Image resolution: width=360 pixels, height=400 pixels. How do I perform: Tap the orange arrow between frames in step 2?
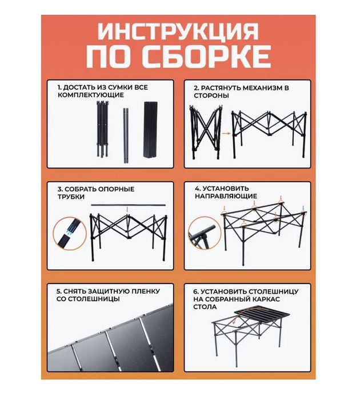225,133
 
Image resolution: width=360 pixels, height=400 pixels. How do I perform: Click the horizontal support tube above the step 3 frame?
127,205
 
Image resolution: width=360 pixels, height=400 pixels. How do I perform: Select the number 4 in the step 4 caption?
197,188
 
